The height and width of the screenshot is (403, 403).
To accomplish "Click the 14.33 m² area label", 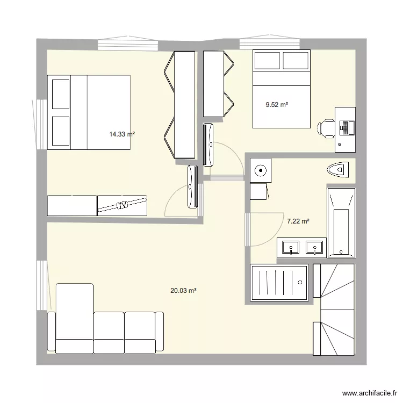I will (x=122, y=134).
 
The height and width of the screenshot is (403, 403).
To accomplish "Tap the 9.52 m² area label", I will (x=277, y=105).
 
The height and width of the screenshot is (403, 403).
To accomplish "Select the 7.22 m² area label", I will (x=298, y=221).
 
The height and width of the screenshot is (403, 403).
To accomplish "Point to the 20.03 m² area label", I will (x=183, y=291).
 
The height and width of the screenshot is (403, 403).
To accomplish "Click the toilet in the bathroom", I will (x=338, y=170).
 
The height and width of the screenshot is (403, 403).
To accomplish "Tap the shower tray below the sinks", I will (x=279, y=282).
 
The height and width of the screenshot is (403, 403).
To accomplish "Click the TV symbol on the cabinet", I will (x=123, y=205).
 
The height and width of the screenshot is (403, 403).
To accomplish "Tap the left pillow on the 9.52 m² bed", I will (x=267, y=61).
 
